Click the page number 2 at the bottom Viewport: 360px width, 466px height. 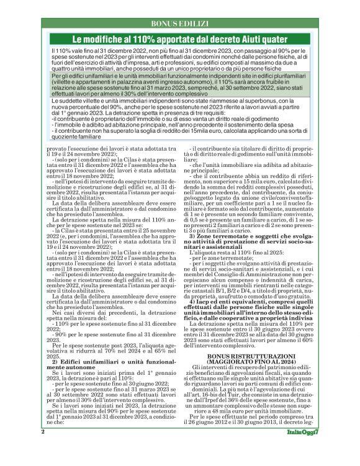(42, 449)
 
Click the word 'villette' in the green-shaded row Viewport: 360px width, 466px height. (63, 81)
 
